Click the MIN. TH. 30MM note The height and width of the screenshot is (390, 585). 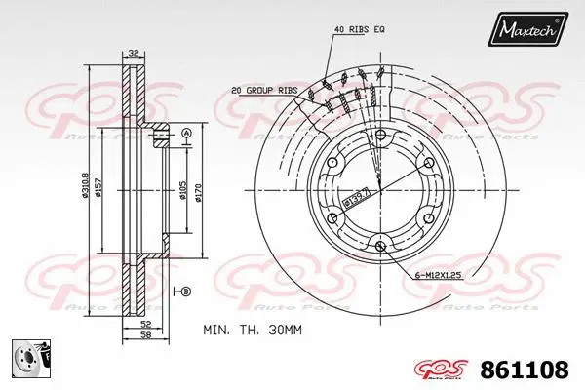click(253, 331)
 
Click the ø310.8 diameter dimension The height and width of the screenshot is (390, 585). click(86, 188)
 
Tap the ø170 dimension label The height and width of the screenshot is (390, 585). click(198, 187)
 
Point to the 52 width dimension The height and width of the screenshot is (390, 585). click(143, 323)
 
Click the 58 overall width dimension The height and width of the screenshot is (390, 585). click(143, 335)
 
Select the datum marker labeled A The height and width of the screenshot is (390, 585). click(186, 133)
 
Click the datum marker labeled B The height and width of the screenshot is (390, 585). click(185, 292)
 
